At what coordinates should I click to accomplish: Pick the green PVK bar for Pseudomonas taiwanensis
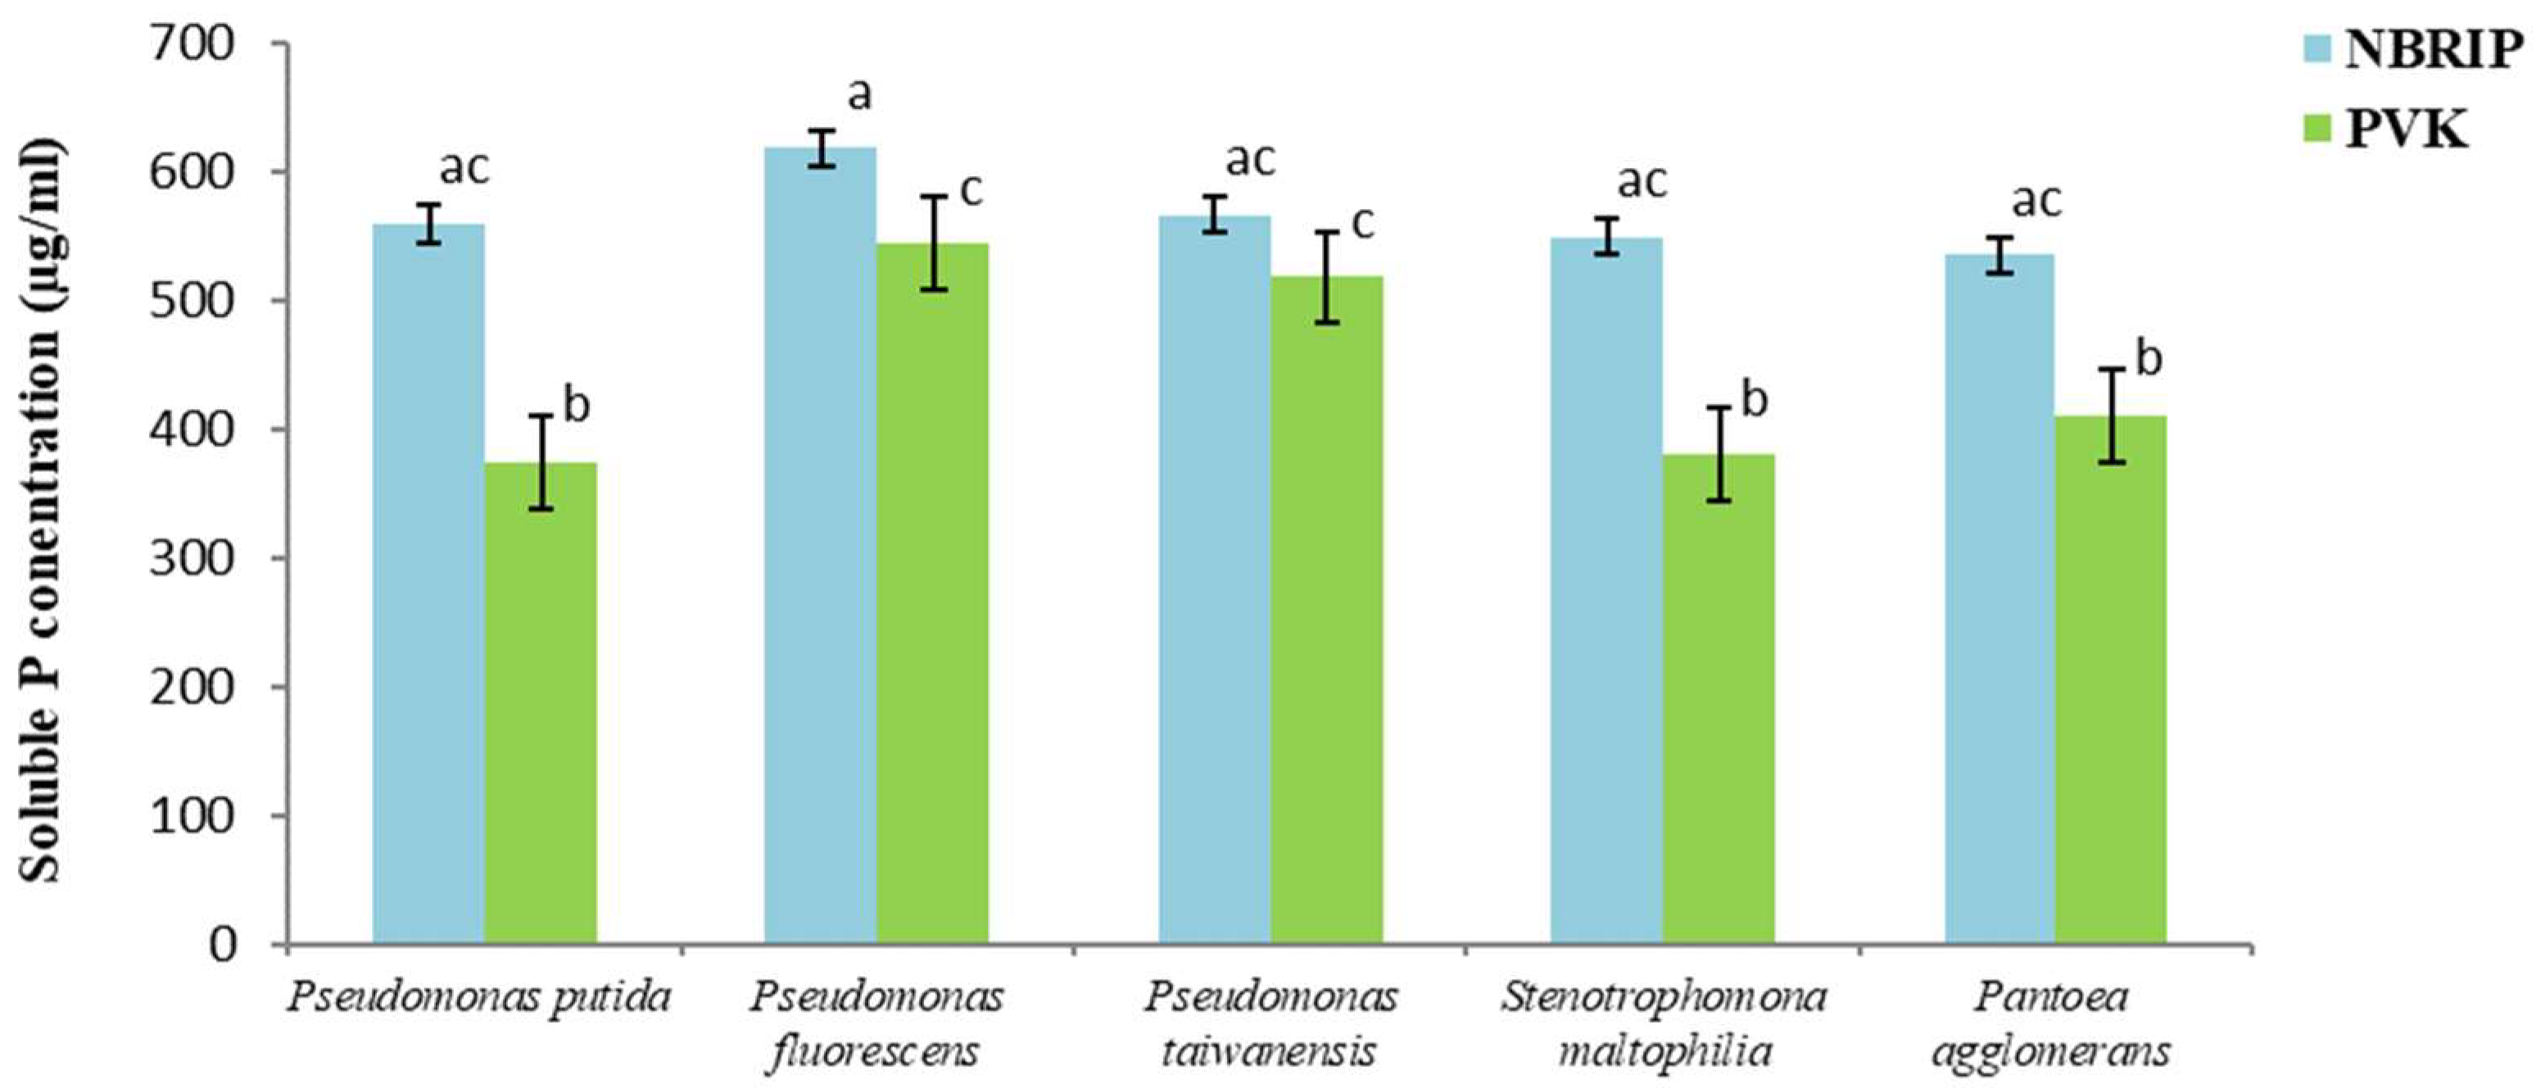click(x=1326, y=611)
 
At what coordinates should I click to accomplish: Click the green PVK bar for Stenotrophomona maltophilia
click(x=1718, y=699)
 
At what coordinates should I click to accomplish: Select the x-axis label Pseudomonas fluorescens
click(x=876, y=1024)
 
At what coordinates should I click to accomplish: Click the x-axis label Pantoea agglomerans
click(x=2050, y=1024)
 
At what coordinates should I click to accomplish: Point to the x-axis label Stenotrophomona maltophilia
click(x=1663, y=1024)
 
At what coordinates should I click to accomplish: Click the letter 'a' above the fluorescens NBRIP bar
click(x=859, y=94)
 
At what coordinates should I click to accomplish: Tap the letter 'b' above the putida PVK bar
click(x=576, y=405)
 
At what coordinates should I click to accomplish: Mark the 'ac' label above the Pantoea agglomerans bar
click(x=2035, y=201)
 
